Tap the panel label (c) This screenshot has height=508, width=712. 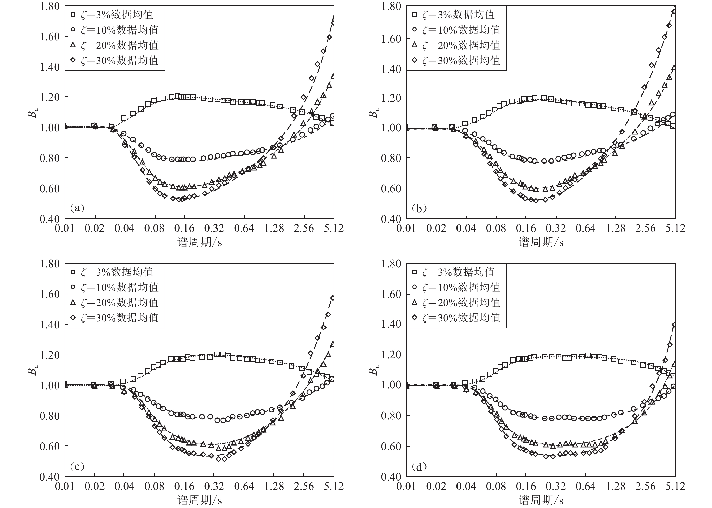(77, 466)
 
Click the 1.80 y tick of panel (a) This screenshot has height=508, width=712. (49, 6)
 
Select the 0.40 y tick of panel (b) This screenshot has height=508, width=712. (391, 219)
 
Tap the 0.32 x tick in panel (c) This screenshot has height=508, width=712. (214, 486)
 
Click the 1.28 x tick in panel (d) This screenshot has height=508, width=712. (616, 486)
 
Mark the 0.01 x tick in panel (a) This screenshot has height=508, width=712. (65, 228)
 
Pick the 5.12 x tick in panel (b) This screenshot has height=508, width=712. (675, 228)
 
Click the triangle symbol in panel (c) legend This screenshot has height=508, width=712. (73, 302)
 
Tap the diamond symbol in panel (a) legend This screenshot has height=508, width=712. (73, 60)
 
